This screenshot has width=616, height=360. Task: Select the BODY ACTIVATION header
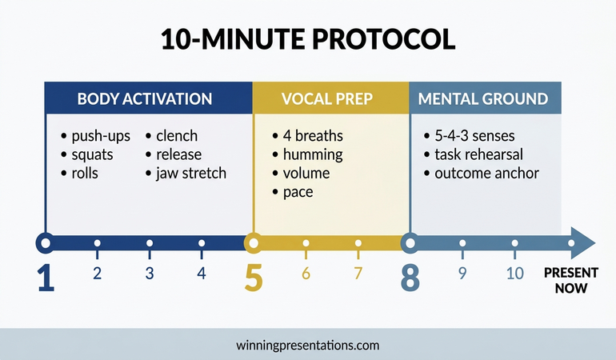pyautogui.click(x=145, y=99)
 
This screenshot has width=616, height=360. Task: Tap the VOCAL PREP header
pyautogui.click(x=330, y=99)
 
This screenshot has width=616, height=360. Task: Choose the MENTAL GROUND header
pyautogui.click(x=484, y=99)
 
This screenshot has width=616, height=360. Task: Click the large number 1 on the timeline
pyautogui.click(x=46, y=277)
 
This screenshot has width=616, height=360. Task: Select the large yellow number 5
pyautogui.click(x=253, y=277)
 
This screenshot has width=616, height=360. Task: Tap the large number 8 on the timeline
pyautogui.click(x=410, y=277)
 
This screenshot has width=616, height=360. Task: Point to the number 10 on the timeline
pyautogui.click(x=515, y=274)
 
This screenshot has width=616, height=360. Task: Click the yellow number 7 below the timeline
pyautogui.click(x=358, y=274)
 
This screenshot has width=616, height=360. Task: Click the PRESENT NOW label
pyautogui.click(x=570, y=280)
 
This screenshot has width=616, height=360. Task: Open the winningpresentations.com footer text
pyautogui.click(x=308, y=346)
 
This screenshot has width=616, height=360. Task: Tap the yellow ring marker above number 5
pyautogui.click(x=253, y=242)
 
